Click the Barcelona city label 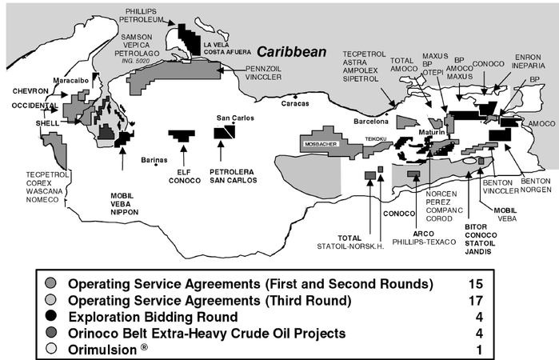371,122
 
